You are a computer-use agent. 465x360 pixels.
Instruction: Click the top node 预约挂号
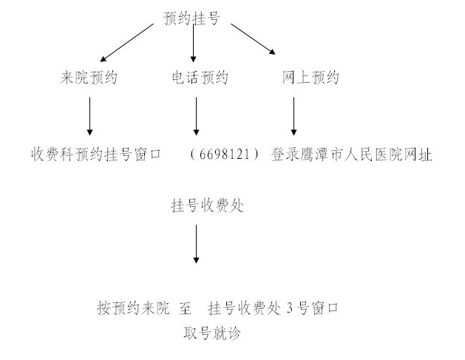coord(191,18)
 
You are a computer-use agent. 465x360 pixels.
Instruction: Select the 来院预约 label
coord(89,78)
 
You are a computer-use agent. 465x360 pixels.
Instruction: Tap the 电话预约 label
coord(200,78)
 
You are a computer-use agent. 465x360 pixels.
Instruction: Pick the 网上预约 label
coord(310,78)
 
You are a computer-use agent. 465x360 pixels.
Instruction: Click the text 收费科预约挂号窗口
coord(96,154)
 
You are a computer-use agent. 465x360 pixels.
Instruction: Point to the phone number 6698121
coord(225,154)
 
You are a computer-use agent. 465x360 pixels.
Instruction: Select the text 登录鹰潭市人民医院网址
coord(351,154)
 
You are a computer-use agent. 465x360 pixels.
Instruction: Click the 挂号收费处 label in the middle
coord(208,206)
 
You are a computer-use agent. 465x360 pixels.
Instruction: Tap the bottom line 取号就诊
coord(211,333)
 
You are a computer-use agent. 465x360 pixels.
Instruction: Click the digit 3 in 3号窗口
coord(290,308)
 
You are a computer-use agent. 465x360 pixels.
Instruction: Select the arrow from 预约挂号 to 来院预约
coord(127,43)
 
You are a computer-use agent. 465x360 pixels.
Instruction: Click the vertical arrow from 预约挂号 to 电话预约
coord(194,44)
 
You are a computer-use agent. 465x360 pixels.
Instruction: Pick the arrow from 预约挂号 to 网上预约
coord(254,39)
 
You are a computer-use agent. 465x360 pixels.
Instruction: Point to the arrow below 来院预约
coord(90,116)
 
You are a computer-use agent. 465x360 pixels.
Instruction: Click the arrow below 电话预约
coord(196,116)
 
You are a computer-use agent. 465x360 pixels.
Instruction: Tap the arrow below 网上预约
coord(294,116)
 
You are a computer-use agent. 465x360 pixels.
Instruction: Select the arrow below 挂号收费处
coord(196,244)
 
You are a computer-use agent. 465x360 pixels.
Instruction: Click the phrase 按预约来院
coord(133,308)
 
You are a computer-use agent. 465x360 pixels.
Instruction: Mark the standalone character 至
coord(185,308)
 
